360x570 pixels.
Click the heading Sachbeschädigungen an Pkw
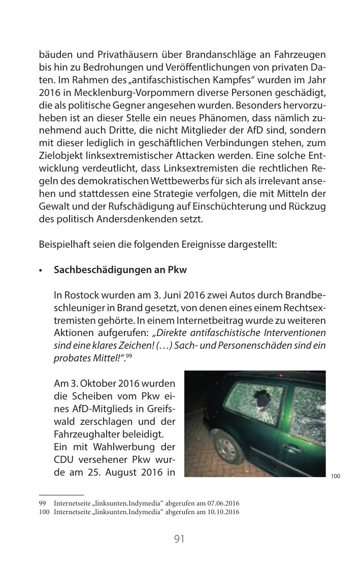click(x=120, y=270)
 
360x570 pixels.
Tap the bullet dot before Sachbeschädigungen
click(x=41, y=271)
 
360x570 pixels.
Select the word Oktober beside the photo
click(x=101, y=383)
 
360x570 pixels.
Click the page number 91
click(x=179, y=539)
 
